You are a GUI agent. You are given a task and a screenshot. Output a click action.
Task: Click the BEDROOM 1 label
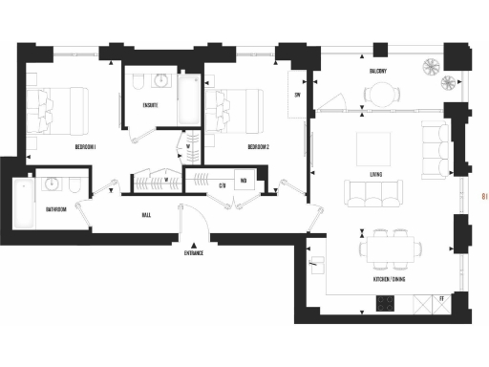click(91, 147)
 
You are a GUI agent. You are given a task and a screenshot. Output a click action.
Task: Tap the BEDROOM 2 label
click(260, 147)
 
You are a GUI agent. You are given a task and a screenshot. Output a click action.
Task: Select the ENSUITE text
click(150, 104)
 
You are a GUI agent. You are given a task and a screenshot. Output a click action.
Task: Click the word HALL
click(145, 215)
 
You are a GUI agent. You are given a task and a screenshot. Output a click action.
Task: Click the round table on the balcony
click(382, 92)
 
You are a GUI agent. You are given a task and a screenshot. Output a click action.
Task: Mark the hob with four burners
click(385, 304)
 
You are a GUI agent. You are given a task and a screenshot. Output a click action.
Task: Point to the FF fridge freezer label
click(441, 300)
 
